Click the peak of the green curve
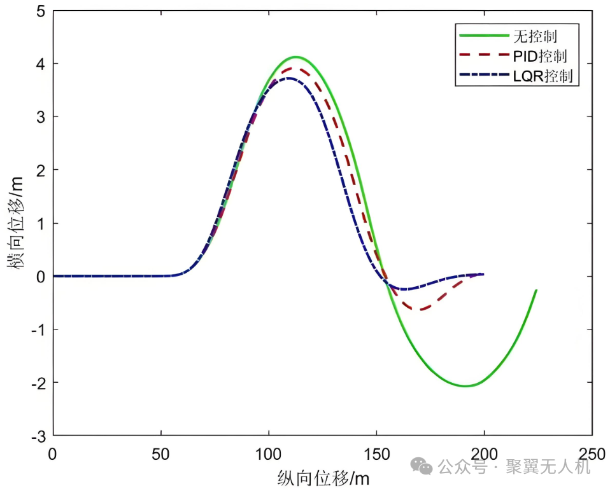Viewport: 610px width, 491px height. [x=295, y=57]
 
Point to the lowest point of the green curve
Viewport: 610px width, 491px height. [x=465, y=386]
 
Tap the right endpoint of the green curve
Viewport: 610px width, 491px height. [x=536, y=291]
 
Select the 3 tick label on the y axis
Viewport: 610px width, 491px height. [x=39, y=117]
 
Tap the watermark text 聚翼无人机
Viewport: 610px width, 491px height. [x=548, y=467]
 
